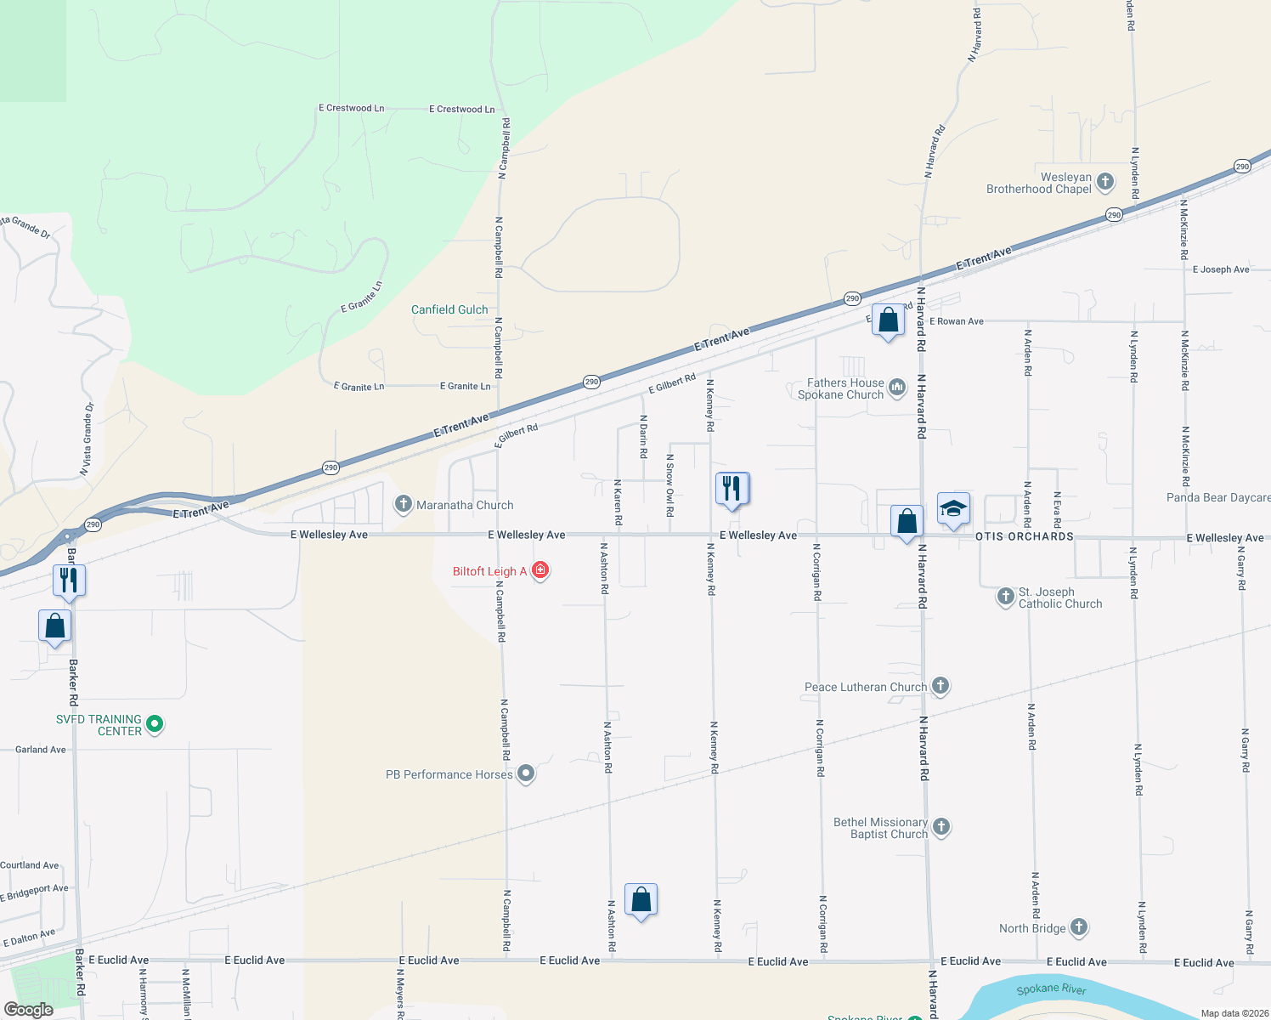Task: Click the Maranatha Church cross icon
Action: (x=404, y=504)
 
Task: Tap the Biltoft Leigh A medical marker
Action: (x=539, y=570)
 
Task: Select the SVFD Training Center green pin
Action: (x=154, y=724)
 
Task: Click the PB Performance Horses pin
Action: (x=526, y=773)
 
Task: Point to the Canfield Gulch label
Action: (x=449, y=309)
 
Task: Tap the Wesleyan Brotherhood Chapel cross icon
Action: (x=1105, y=182)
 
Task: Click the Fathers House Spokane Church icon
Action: (x=896, y=388)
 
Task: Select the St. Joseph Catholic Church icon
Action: (x=1005, y=597)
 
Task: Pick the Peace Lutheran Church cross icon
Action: (x=940, y=686)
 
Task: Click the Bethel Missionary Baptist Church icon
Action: (x=941, y=826)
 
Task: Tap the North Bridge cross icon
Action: (x=1078, y=927)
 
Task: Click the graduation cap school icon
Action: (x=953, y=508)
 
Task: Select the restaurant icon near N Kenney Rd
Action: (x=732, y=488)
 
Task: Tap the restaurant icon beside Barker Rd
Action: (x=69, y=580)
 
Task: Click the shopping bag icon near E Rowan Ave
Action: (x=888, y=320)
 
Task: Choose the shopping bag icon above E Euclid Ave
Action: (x=641, y=899)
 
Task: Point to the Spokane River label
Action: (x=1051, y=989)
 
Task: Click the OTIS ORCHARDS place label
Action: (x=1025, y=536)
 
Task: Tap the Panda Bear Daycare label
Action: (x=1218, y=497)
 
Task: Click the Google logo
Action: (x=29, y=1009)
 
